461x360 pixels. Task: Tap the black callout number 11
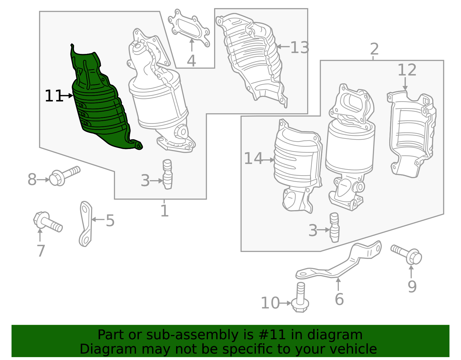[x=54, y=96]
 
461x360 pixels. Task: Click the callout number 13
[x=300, y=48]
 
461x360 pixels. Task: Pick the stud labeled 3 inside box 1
[x=167, y=174]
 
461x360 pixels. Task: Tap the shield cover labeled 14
[x=297, y=159]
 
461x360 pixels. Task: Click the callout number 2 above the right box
[x=374, y=49]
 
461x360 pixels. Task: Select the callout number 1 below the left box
[x=164, y=211]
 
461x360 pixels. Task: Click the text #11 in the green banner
[x=272, y=335]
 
